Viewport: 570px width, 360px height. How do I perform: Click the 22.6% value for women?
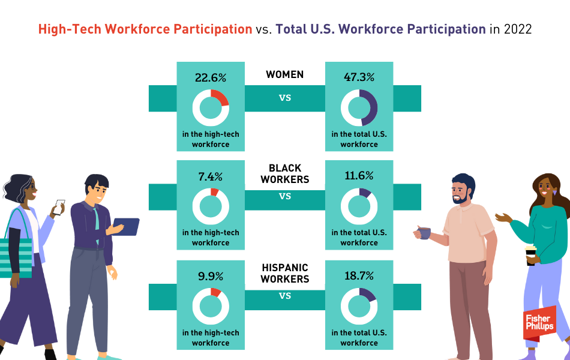tap(211, 78)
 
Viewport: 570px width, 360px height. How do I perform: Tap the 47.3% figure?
tap(359, 77)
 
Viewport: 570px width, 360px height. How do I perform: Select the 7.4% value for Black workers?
tap(211, 177)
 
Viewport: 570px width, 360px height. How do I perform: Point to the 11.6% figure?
tap(359, 176)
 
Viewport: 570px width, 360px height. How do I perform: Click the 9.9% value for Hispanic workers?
tap(211, 277)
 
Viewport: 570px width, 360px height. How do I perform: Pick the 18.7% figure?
tap(359, 275)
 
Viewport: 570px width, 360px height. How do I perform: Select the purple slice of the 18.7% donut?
tap(368, 294)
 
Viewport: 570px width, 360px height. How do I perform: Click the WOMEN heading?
tap(284, 74)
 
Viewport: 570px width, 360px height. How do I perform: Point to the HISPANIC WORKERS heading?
tap(285, 274)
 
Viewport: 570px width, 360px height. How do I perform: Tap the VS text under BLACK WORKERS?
tap(285, 196)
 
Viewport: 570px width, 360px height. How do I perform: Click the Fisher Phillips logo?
tap(540, 323)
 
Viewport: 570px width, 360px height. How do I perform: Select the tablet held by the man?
tap(126, 227)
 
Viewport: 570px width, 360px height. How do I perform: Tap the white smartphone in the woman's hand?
tap(59, 206)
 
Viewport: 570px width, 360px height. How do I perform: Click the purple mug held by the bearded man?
tap(424, 233)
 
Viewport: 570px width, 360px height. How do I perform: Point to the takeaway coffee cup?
tap(531, 255)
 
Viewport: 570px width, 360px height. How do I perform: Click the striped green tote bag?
tap(16, 258)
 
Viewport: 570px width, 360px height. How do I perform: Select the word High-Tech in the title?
tap(70, 29)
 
